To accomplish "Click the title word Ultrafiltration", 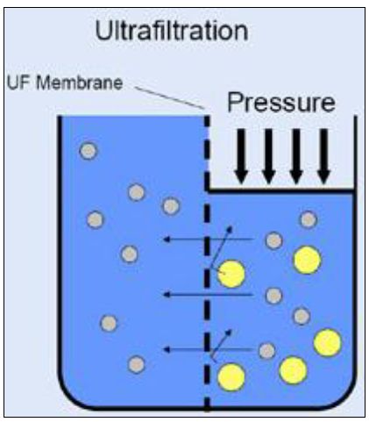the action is point(172,31).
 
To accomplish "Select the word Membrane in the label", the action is point(79,82).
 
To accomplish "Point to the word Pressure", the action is point(281,103).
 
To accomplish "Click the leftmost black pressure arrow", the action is point(241,156).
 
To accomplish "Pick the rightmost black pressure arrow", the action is point(323,156).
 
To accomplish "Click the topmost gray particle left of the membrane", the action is point(89,151).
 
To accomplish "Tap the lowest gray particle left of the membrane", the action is point(137,365).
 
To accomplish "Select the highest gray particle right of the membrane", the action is point(309,219).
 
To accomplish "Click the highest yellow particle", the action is point(308,260).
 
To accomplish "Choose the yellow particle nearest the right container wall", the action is point(328,342).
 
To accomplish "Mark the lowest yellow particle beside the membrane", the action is point(231,377).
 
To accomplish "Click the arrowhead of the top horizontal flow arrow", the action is point(167,240).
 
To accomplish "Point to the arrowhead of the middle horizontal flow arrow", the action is point(167,294).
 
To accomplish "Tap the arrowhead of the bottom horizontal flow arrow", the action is point(167,349).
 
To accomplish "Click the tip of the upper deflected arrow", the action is point(231,226).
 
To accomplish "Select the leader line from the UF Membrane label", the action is point(169,97).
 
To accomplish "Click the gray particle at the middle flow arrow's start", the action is point(273,296).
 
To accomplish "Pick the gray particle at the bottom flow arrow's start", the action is point(267,351).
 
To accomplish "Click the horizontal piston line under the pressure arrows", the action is point(281,191).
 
